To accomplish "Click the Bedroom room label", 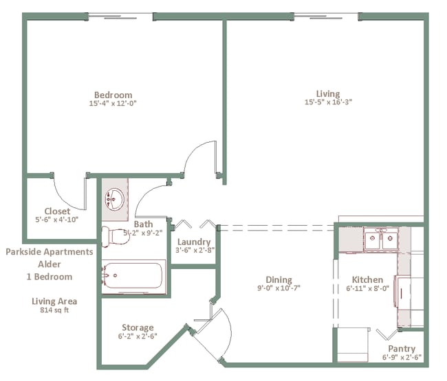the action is [113, 95].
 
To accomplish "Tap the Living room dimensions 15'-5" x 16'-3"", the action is [329, 102].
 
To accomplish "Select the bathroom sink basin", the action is [114, 199].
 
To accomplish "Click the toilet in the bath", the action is [116, 236].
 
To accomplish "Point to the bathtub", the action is [133, 276].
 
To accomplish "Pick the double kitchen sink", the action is [381, 240].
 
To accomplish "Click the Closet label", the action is [57, 211].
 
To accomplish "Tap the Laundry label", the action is [194, 242].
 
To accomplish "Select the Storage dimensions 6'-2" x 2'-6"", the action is [138, 336].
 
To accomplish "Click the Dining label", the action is [279, 279].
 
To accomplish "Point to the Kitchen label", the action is [367, 279].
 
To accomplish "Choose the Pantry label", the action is [402, 349].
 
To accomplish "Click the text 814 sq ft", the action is [54, 310].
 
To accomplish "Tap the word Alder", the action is [50, 264].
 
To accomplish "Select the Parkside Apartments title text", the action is [50, 252].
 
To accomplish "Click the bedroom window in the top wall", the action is [120, 16].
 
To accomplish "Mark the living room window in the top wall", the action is [326, 16].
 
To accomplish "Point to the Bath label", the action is [144, 224].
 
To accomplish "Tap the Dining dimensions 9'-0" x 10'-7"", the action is [279, 288].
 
